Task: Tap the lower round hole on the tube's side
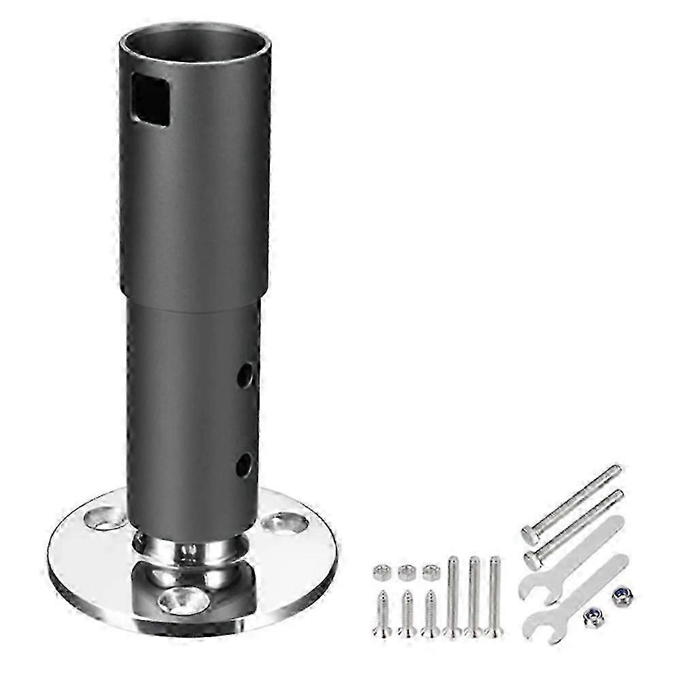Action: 243,466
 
